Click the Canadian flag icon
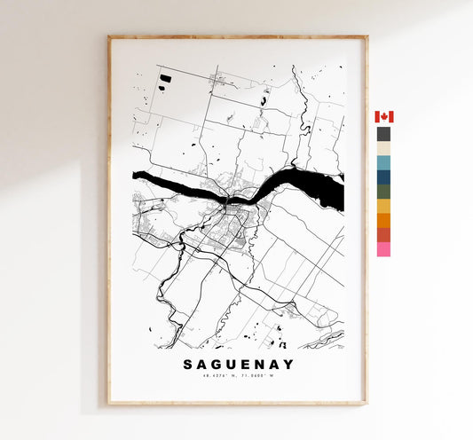click(x=383, y=117)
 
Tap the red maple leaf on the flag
click(x=383, y=117)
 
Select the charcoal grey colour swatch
click(x=383, y=134)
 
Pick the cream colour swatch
click(x=383, y=148)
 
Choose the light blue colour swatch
click(x=383, y=162)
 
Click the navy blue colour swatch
click(x=383, y=177)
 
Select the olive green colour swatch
click(x=383, y=191)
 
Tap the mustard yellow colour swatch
click(x=383, y=206)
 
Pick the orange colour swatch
click(x=383, y=220)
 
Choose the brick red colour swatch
click(x=383, y=234)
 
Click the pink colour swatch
click(x=383, y=249)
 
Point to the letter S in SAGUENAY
click(x=187, y=364)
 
